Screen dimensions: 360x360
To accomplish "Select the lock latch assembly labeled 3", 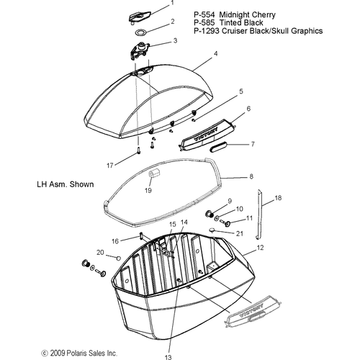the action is point(140,50).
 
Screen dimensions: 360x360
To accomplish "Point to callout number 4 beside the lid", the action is point(216,54).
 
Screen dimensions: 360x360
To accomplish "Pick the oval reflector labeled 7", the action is point(218,146).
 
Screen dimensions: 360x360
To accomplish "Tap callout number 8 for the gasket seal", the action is point(251,176).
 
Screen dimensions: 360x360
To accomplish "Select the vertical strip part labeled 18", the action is point(259,214).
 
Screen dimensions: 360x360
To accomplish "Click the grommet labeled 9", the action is point(210,213).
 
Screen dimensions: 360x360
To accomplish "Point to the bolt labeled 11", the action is point(225,222).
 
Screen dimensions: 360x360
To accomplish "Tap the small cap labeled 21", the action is point(212,230).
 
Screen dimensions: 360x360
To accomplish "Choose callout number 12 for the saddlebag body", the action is point(261,248).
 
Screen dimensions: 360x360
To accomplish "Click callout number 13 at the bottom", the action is point(168,357).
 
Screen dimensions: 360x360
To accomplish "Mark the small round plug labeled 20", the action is point(118,258).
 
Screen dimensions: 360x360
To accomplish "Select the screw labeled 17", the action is point(139,150).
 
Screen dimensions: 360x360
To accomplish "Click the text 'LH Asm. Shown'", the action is point(66,184).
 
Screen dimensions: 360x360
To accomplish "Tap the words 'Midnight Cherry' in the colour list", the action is point(248,15).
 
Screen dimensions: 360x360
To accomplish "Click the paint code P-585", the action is point(204,23).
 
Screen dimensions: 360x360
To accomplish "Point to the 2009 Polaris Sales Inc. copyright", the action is point(79,353).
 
